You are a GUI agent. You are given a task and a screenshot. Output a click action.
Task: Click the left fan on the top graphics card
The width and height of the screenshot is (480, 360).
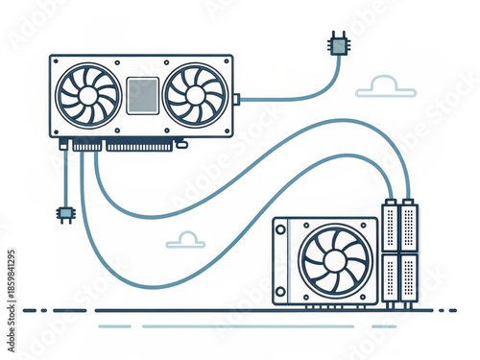87,95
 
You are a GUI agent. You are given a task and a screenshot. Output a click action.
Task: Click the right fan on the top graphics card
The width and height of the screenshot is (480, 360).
196,95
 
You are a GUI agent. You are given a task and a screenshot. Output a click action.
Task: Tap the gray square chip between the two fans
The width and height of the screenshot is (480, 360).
142,95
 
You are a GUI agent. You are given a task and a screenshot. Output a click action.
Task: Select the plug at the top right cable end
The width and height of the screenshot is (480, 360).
338,43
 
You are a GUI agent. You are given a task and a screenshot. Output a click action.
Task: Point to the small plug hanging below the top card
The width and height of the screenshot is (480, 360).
66,213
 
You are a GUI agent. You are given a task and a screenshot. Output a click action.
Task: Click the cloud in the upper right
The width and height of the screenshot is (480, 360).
386,87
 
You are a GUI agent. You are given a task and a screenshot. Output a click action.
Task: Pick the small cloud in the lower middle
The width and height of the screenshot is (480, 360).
186,240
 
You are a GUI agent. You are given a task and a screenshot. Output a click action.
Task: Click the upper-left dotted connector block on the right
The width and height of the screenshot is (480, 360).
390,227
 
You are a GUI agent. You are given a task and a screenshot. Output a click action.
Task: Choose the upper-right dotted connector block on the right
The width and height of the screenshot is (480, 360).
408,227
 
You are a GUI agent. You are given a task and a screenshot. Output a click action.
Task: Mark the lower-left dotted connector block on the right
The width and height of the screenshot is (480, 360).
390,278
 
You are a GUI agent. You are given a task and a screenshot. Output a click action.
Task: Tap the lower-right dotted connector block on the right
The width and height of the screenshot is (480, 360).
408,278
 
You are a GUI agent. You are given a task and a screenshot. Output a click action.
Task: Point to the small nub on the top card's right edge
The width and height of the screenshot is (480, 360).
236,96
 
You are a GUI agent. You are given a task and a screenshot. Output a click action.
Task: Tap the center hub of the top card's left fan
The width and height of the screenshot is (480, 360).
87,95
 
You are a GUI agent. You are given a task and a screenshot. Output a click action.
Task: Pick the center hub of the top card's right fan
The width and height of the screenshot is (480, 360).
196,95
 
